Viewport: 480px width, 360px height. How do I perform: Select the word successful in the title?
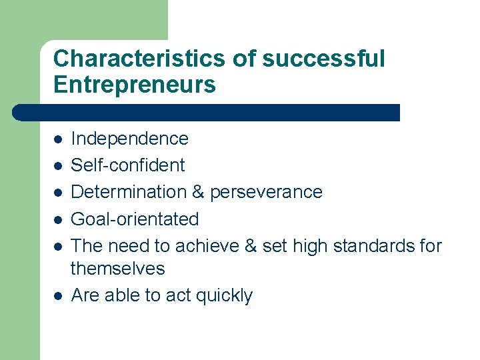tap(323, 59)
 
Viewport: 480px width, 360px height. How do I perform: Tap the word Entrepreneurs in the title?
tap(135, 85)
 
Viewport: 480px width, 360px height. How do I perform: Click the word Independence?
tap(129, 139)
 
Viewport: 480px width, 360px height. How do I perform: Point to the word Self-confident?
tap(128, 165)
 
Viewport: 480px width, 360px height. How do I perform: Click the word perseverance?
tap(266, 192)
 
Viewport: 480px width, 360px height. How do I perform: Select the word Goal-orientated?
tap(135, 219)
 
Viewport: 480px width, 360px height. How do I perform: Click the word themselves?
tap(117, 269)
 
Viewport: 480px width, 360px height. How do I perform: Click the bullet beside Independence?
tap(59, 139)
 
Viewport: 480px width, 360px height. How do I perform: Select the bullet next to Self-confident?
tap(59, 165)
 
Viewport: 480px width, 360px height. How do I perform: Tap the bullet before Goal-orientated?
tap(59, 219)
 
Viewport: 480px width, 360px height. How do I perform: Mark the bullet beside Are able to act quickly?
tap(59, 295)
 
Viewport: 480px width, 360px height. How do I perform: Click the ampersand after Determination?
tap(198, 192)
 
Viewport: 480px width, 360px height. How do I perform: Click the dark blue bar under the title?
tap(207, 112)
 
